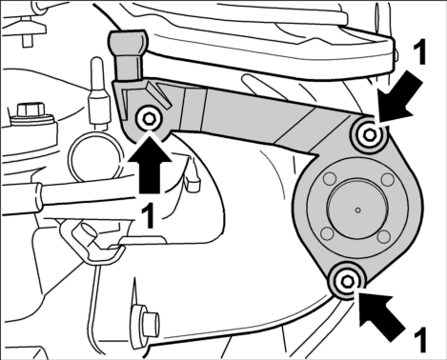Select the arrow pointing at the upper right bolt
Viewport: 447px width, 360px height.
coord(400,99)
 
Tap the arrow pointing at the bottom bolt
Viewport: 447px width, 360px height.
coord(381,316)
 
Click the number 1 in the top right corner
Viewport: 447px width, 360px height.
coord(419,53)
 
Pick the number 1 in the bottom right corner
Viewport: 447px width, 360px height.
coord(419,340)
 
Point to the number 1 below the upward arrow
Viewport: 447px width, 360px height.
coord(148,216)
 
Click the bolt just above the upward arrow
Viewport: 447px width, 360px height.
coord(149,119)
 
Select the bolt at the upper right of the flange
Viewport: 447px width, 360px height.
coord(369,135)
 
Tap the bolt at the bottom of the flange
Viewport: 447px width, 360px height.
coord(346,281)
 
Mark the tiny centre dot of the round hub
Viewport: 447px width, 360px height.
coord(358,210)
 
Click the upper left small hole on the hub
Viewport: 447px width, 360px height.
coord(329,179)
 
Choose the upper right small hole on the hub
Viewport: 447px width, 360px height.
coord(388,179)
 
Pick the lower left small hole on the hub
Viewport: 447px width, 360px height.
coord(328,233)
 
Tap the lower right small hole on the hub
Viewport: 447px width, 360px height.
coord(384,236)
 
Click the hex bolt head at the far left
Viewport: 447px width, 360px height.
coord(30,111)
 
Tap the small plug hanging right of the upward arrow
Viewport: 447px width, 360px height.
coord(193,183)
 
